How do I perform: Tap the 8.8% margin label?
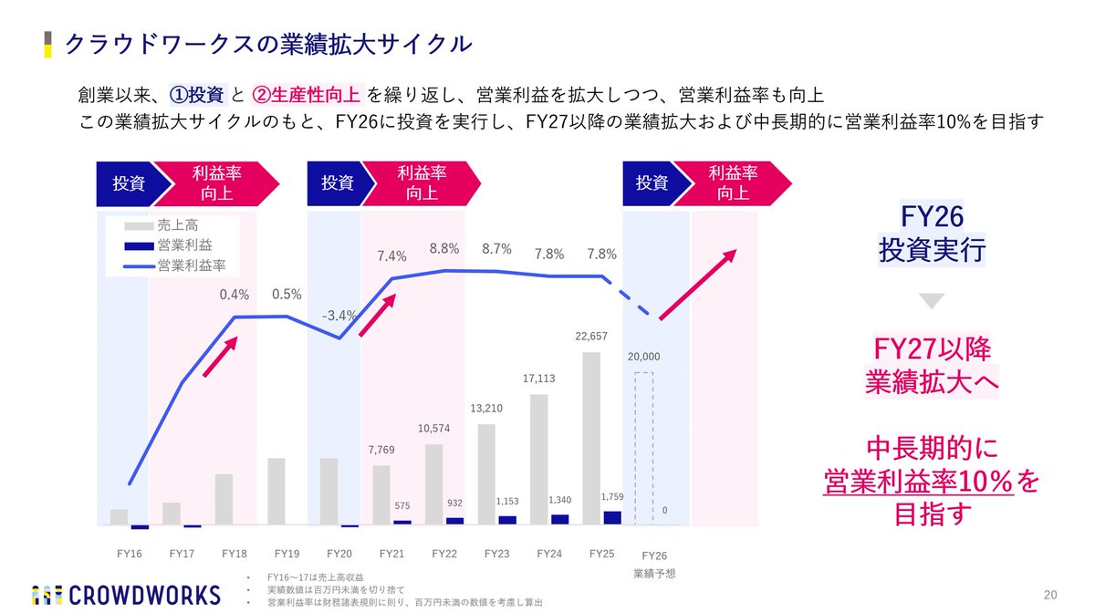[443, 248]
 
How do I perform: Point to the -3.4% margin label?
[339, 316]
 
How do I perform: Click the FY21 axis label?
[391, 554]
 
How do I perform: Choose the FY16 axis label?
[130, 554]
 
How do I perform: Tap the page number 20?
[1050, 594]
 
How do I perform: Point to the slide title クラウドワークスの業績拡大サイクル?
[269, 43]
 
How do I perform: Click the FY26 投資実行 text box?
[932, 234]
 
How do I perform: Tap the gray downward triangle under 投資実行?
[932, 302]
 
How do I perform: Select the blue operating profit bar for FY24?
[559, 519]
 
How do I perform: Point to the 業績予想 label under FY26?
[654, 574]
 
